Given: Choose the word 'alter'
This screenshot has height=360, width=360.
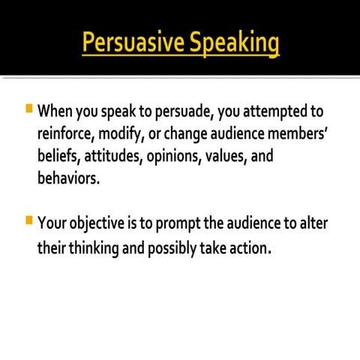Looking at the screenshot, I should coord(313,223).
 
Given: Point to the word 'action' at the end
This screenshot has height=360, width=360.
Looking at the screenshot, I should coord(246,247).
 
